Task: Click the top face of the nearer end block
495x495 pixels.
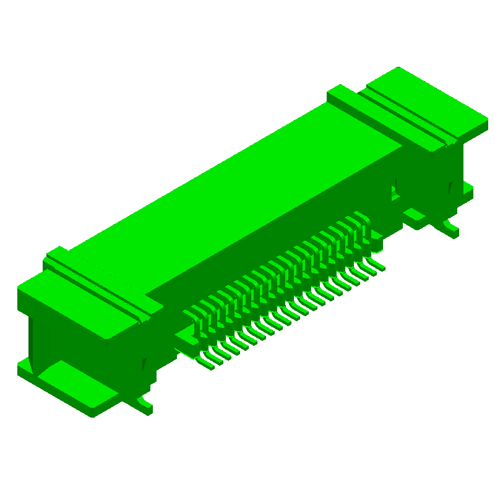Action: coord(68,303)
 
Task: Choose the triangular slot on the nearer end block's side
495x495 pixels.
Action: coord(145,365)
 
